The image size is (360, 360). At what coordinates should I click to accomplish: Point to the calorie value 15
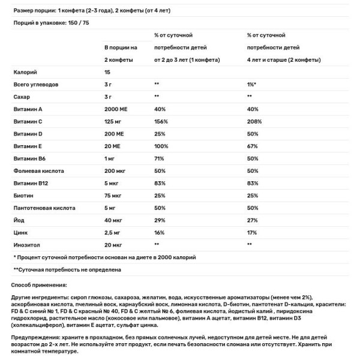click(x=107, y=72)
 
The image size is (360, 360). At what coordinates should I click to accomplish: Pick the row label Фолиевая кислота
click(x=37, y=170)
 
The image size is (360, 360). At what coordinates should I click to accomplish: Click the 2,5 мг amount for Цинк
click(x=112, y=232)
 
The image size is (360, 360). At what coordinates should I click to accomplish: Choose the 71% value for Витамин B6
click(x=159, y=158)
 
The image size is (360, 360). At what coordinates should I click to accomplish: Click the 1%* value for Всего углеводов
click(x=252, y=84)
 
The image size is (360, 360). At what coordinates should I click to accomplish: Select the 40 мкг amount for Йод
click(x=113, y=220)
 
